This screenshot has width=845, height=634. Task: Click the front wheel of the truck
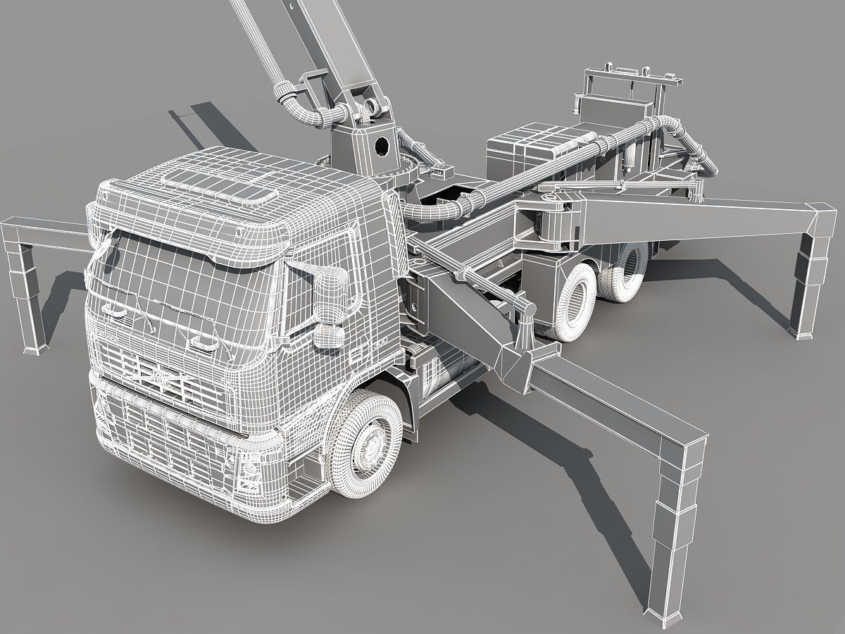point(367,437)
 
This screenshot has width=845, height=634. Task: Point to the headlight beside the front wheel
point(249,468)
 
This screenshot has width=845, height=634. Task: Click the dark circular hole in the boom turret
point(382,147)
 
